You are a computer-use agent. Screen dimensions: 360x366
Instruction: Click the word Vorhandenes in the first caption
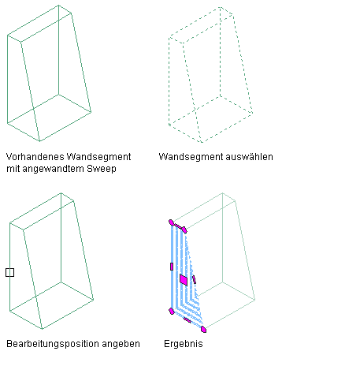(35, 157)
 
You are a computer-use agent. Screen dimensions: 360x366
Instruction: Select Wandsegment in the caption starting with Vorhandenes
(98, 157)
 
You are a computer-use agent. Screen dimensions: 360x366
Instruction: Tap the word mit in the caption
(13, 168)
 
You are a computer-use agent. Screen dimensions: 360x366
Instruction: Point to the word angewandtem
(53, 169)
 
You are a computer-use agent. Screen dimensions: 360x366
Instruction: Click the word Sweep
(102, 169)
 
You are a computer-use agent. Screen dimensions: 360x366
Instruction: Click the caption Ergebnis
(184, 344)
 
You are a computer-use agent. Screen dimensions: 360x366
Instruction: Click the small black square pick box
(9, 272)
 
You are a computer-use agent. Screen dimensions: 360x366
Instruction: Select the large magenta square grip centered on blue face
(184, 280)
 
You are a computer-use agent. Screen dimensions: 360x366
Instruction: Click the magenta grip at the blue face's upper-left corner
(171, 222)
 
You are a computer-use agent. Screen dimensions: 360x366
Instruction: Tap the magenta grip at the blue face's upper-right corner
(184, 230)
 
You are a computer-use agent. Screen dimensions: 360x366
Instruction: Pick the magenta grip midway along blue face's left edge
(172, 267)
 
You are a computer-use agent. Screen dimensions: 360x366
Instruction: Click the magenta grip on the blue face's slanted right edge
(194, 279)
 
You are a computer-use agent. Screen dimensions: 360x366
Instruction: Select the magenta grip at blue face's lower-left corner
(172, 312)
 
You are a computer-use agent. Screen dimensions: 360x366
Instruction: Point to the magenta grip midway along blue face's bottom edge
(187, 320)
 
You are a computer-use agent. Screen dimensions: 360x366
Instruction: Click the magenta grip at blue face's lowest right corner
(203, 329)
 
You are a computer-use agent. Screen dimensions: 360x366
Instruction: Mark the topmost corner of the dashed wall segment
(221, 7)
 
